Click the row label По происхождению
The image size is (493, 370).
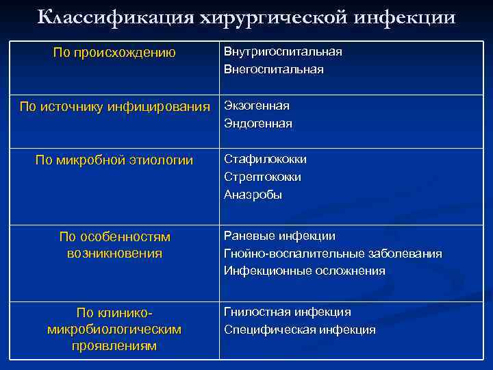click(x=114, y=53)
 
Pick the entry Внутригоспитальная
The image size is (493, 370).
click(x=283, y=52)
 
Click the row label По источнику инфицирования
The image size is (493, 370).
click(x=114, y=106)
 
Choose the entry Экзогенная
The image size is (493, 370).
click(x=257, y=106)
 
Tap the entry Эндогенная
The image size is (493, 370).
click(x=258, y=123)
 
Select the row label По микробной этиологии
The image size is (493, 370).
click(x=114, y=160)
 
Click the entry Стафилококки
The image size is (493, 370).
click(x=266, y=159)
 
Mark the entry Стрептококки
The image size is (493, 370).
click(x=263, y=177)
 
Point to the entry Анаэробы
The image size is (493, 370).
click(x=253, y=195)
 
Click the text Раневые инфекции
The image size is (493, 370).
click(x=279, y=236)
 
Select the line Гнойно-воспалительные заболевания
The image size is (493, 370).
click(x=333, y=254)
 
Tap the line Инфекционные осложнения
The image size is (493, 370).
click(x=305, y=271)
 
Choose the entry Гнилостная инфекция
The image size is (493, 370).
click(x=288, y=312)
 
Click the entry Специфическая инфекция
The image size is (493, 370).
click(x=300, y=330)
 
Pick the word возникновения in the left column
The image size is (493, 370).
click(x=114, y=254)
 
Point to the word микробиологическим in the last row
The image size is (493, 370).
click(x=114, y=330)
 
